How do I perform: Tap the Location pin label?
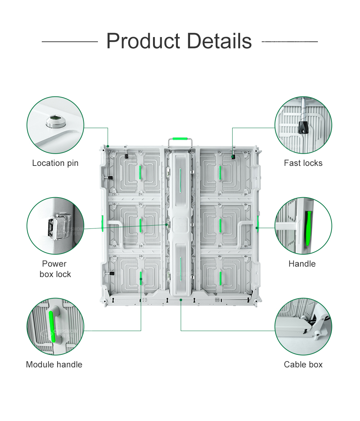[x=55, y=163]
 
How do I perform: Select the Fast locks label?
[x=303, y=163]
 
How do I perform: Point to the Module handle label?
[x=54, y=365]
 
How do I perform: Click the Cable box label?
[x=303, y=365]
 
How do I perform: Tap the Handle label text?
[x=302, y=264]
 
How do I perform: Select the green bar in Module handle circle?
[x=51, y=327]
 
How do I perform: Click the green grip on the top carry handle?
[x=181, y=139]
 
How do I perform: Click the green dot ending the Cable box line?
[x=181, y=299]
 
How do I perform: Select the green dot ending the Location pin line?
[x=108, y=146]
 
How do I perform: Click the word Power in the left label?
[x=54, y=264]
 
